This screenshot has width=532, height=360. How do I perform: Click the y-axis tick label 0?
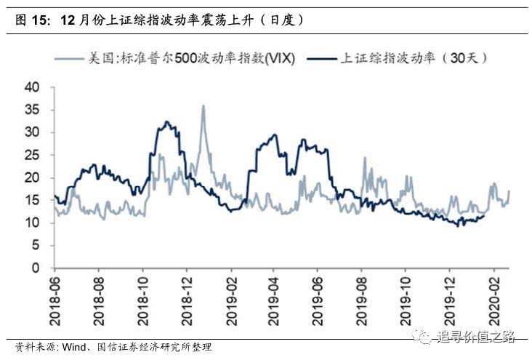34,268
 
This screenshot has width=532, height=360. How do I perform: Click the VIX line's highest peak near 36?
203,105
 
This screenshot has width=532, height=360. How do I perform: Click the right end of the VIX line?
509,191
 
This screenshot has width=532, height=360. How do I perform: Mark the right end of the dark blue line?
484,215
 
